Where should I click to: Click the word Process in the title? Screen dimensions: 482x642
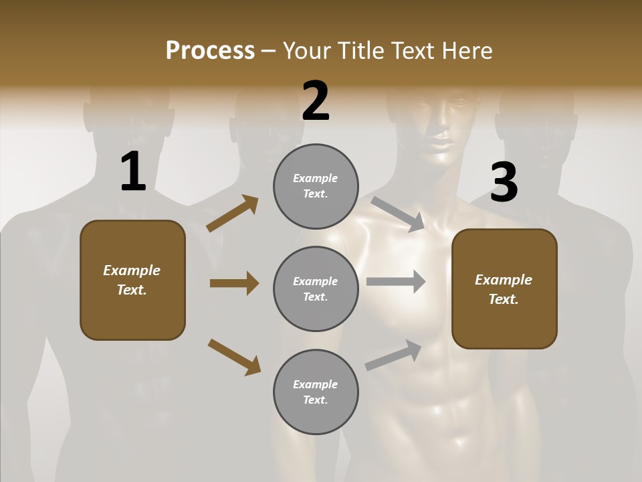coord(210,51)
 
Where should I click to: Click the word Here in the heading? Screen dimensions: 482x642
coord(465,51)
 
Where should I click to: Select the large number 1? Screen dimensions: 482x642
coord(133,172)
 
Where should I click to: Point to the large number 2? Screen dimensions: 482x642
coord(316,101)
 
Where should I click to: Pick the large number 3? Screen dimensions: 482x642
coord(504,182)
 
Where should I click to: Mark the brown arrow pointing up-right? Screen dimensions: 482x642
coord(233,214)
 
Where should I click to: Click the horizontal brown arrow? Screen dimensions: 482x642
coord(234,283)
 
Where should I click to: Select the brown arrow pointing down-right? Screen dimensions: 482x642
coord(234,356)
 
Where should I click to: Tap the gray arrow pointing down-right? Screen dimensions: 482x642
coord(398,214)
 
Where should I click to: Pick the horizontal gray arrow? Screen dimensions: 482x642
coord(396,282)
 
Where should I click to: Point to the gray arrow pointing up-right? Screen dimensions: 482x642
coord(393,355)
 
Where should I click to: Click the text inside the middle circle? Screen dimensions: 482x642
coord(316,289)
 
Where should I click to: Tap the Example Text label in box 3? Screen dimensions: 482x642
coord(504,289)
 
